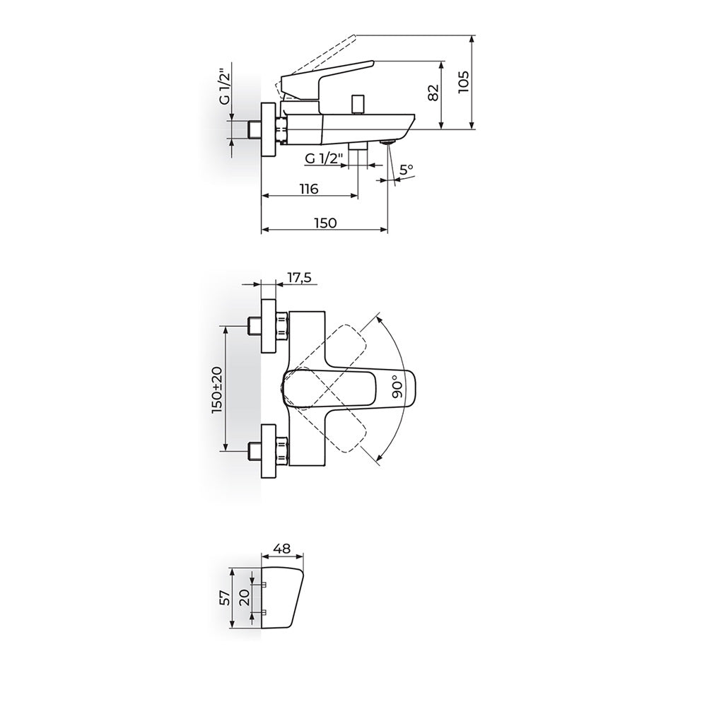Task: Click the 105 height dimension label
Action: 464,81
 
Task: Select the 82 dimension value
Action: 433,93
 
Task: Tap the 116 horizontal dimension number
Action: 309,189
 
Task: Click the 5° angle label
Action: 407,170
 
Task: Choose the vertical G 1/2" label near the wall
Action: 226,86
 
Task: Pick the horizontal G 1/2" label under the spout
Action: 324,158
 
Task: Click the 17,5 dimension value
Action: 299,277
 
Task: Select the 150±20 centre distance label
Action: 217,390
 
